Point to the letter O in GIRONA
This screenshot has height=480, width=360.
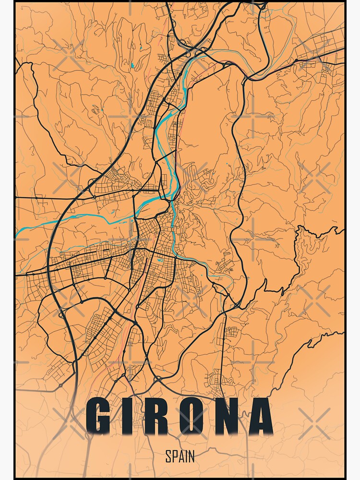click(x=195, y=417)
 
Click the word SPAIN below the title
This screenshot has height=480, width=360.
click(x=180, y=456)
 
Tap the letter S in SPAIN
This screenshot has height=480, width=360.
click(x=168, y=456)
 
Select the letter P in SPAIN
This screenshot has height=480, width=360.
click(x=174, y=456)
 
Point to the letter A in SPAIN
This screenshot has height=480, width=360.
click(x=180, y=456)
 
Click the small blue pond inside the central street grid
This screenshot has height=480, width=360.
click(x=160, y=261)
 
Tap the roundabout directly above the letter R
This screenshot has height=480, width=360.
click(x=157, y=379)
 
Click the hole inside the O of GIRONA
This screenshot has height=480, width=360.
click(x=195, y=417)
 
